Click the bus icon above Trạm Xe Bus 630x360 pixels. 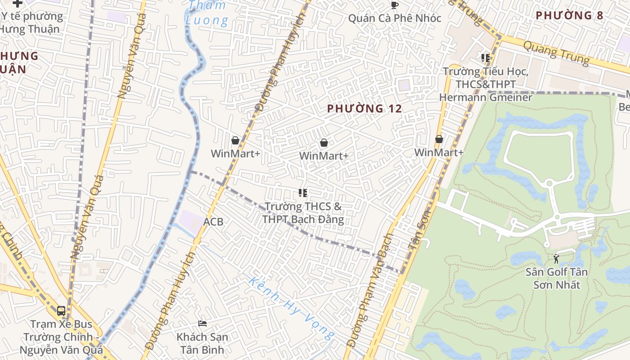point(61,311)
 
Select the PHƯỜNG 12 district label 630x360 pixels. point(364,108)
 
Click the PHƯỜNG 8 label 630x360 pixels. point(569,15)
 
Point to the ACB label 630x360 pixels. point(213,222)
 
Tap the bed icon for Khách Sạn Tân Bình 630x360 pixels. point(202,324)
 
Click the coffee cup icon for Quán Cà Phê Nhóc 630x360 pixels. point(395,5)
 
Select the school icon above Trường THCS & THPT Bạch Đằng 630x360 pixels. point(303,193)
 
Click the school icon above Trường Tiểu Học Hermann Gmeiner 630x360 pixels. point(486,58)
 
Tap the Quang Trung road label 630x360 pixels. point(557,52)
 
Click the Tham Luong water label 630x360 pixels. point(207,13)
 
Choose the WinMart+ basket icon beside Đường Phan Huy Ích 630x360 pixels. point(235,141)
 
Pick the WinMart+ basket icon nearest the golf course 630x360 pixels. point(439,139)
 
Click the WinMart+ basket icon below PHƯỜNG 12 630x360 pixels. point(324,143)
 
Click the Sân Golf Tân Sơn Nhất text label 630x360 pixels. point(557,279)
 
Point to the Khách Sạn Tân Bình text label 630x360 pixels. point(202,343)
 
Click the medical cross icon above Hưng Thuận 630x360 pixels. point(17,3)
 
